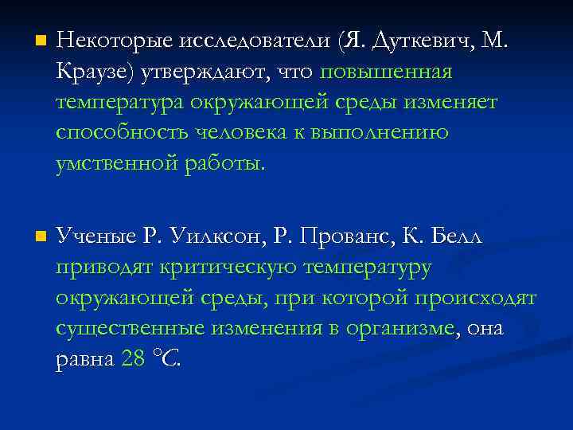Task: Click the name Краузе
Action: point(95,72)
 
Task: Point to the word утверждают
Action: point(206,72)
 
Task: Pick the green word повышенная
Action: point(386,72)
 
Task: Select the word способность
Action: point(124,133)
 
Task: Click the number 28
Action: point(133,359)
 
